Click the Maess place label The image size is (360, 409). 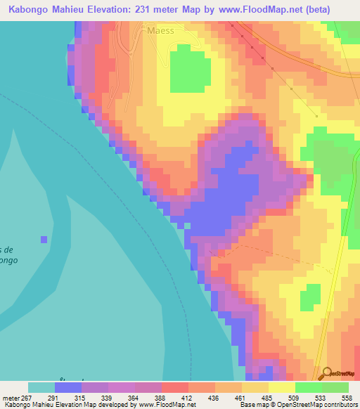160,31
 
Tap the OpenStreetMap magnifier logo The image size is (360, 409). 326,374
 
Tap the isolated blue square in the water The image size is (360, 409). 44,240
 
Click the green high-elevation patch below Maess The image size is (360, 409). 190,68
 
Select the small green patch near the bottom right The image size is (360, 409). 309,298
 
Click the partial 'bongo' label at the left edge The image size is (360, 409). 8,260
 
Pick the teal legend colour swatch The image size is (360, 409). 41,387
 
